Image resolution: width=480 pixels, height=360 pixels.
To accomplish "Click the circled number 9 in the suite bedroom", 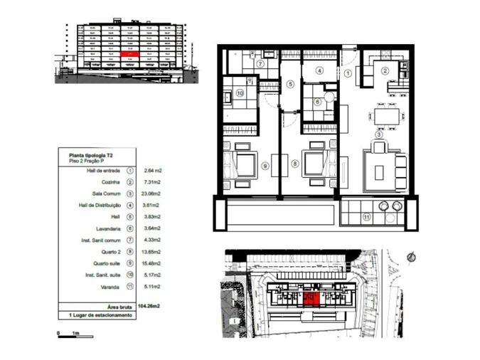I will point(265,166).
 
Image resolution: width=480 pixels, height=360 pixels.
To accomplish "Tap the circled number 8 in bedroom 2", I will point(295,163).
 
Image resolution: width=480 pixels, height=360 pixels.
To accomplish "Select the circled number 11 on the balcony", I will point(367,218).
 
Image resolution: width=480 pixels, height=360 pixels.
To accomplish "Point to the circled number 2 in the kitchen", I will point(385,70).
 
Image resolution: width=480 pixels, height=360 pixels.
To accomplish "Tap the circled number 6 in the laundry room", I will point(318,102).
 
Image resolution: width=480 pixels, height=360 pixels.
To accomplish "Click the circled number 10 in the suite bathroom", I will point(240,92).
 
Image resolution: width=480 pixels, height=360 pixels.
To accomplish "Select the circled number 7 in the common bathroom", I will point(261,63).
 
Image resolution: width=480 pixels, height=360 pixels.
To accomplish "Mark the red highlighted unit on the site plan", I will point(310,298).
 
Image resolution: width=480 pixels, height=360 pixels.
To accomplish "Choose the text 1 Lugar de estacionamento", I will point(100,314).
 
